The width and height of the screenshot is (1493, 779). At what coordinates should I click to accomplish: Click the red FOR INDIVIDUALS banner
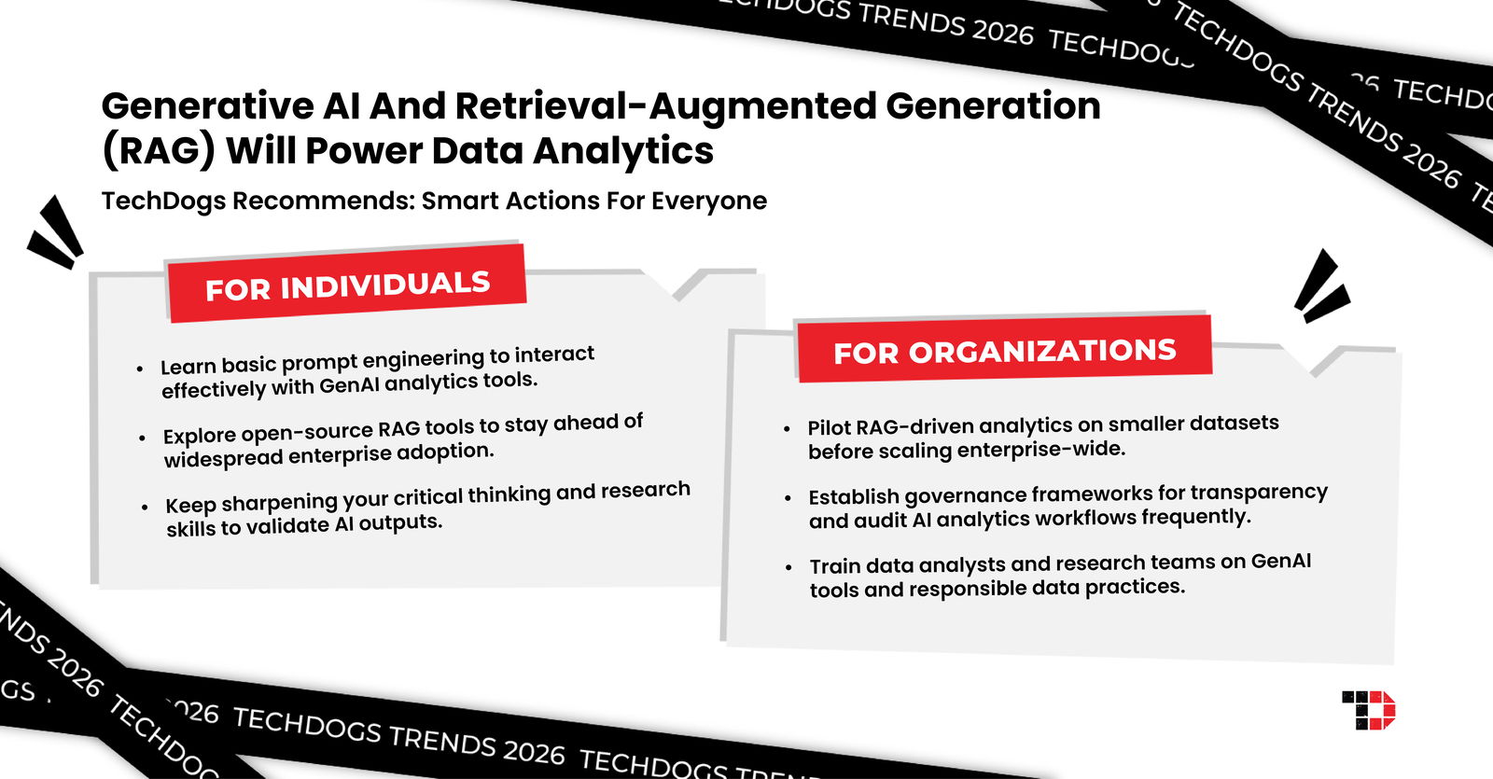tap(346, 285)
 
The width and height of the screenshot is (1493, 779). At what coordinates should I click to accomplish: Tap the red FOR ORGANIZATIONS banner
tap(1004, 350)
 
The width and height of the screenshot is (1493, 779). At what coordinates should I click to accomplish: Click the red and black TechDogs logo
tap(1368, 710)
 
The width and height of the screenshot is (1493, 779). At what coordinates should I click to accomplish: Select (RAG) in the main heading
tap(159, 151)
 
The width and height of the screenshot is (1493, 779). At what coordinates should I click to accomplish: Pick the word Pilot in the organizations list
tap(829, 427)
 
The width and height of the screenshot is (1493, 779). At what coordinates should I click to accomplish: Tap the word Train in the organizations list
tap(834, 566)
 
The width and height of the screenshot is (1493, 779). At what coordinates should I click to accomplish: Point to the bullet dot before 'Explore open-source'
tap(142, 438)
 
